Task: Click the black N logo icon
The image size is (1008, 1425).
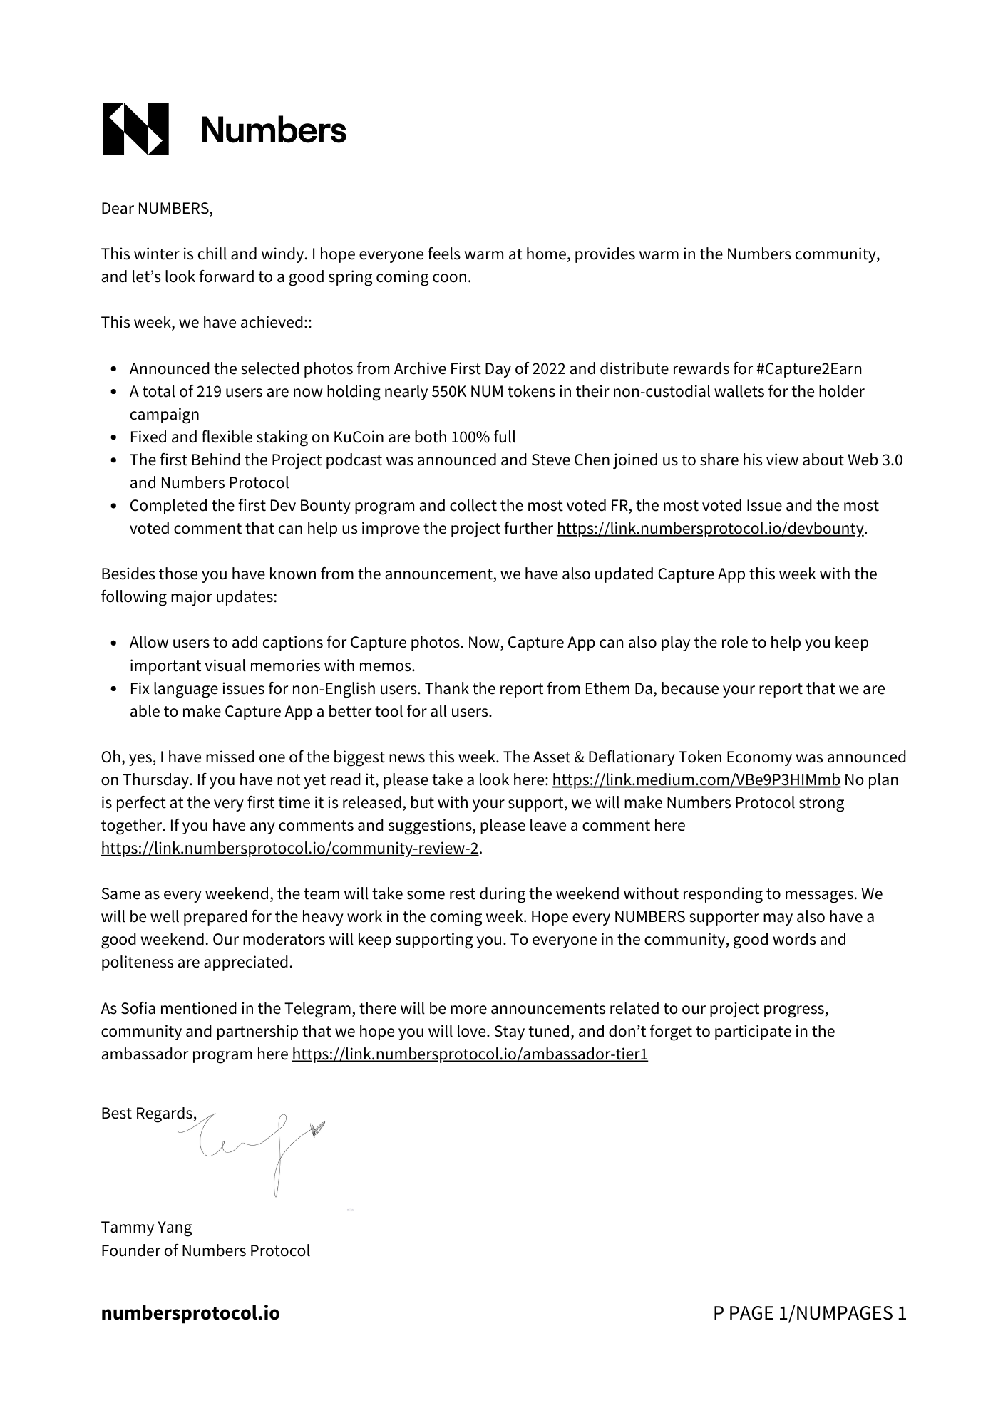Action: [136, 129]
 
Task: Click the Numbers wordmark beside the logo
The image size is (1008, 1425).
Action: [273, 130]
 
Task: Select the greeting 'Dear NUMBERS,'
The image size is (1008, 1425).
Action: [157, 209]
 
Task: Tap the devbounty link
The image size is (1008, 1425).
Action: [711, 529]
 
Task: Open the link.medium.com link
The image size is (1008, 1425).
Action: [696, 780]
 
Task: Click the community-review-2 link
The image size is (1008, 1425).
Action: [290, 849]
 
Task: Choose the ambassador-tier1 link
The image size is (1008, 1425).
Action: [470, 1054]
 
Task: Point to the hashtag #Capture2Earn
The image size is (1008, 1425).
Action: [808, 369]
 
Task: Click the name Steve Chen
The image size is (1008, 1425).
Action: [570, 460]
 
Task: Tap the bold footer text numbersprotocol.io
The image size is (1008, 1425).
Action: [190, 1313]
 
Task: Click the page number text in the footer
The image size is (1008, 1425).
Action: [809, 1313]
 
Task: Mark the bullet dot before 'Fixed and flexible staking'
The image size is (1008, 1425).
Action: [115, 438]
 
